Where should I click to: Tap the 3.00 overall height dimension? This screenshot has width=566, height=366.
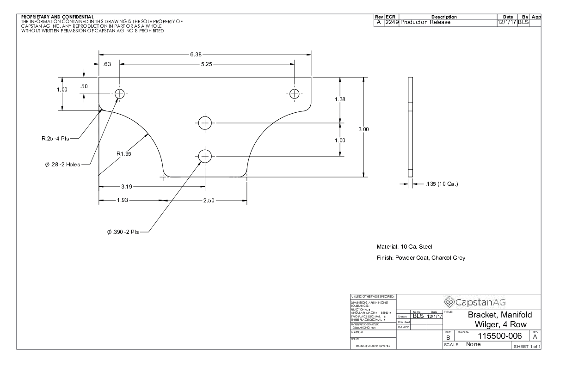click(x=364, y=129)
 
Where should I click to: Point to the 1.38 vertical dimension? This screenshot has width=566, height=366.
click(x=340, y=99)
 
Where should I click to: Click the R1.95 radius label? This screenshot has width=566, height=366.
click(x=124, y=154)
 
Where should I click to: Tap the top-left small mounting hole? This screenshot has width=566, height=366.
click(x=120, y=94)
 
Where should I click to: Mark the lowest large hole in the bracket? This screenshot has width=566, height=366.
click(x=204, y=156)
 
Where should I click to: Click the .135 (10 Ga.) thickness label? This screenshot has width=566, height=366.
click(x=441, y=184)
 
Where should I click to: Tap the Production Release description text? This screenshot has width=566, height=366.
click(x=425, y=22)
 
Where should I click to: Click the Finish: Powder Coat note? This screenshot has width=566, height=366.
click(x=421, y=258)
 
